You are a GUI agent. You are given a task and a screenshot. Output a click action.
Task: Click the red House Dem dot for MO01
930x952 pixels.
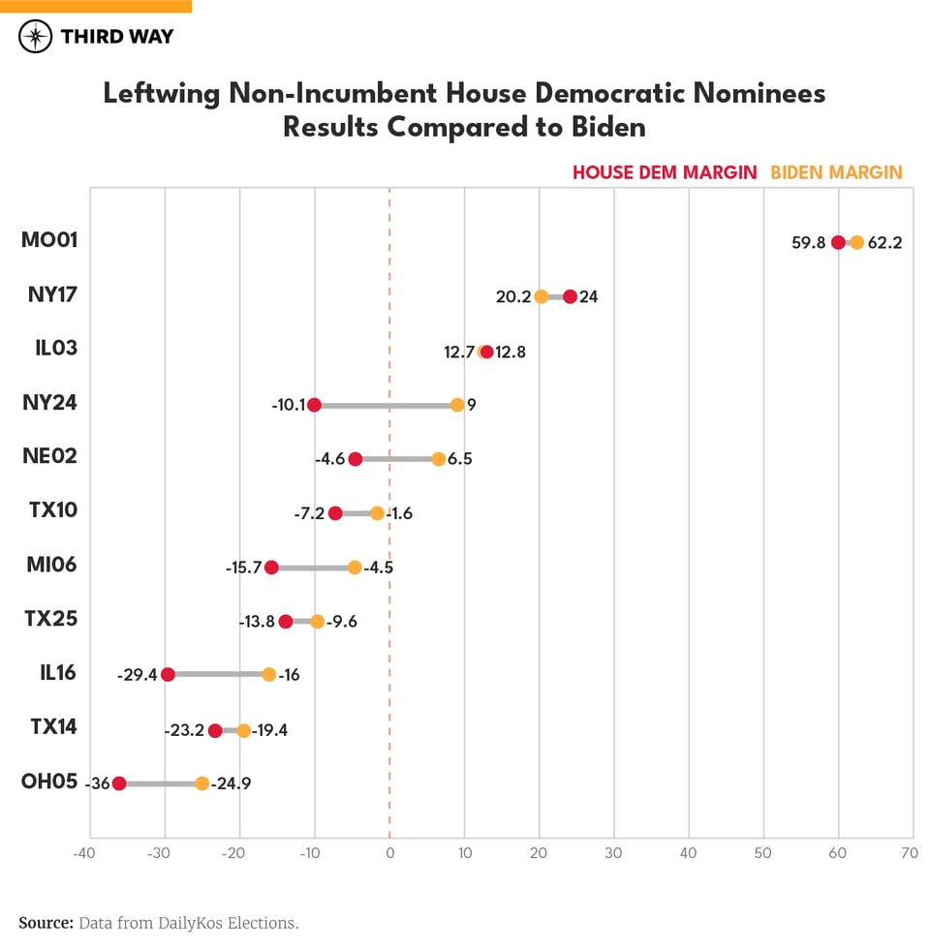[x=838, y=242]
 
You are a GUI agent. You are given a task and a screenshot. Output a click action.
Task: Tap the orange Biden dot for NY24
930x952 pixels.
[x=457, y=405]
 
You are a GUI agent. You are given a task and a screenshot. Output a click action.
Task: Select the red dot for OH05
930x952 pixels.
[x=119, y=783]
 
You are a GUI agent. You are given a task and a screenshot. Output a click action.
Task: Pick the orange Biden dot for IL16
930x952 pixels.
[x=269, y=675]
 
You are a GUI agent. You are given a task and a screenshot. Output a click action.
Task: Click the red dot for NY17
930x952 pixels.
[x=570, y=296]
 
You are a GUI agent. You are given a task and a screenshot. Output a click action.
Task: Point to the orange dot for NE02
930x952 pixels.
[x=439, y=459]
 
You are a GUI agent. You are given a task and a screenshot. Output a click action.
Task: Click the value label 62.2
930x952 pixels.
[x=884, y=243]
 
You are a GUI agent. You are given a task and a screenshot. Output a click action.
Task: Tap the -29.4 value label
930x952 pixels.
[x=137, y=675]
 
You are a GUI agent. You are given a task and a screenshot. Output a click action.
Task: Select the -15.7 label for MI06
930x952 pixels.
[x=243, y=568]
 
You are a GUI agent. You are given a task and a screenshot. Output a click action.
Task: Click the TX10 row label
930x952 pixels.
[x=53, y=510]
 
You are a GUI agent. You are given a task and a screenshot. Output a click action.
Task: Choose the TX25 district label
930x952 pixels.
[x=51, y=619]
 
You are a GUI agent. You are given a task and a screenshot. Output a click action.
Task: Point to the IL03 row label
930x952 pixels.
[x=55, y=348]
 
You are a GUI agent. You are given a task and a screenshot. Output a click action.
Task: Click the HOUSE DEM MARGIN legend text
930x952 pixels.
[x=665, y=172]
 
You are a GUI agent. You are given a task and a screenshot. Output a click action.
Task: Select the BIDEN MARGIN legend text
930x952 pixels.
[x=836, y=172]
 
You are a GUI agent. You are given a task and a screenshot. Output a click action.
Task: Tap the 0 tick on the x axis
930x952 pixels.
[x=389, y=853]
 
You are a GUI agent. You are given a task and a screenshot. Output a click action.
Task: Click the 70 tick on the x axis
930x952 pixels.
[x=909, y=853]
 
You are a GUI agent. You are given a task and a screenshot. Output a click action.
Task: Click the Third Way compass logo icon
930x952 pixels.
[x=36, y=37]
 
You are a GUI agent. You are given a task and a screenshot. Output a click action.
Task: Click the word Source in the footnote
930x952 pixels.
[x=46, y=923]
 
